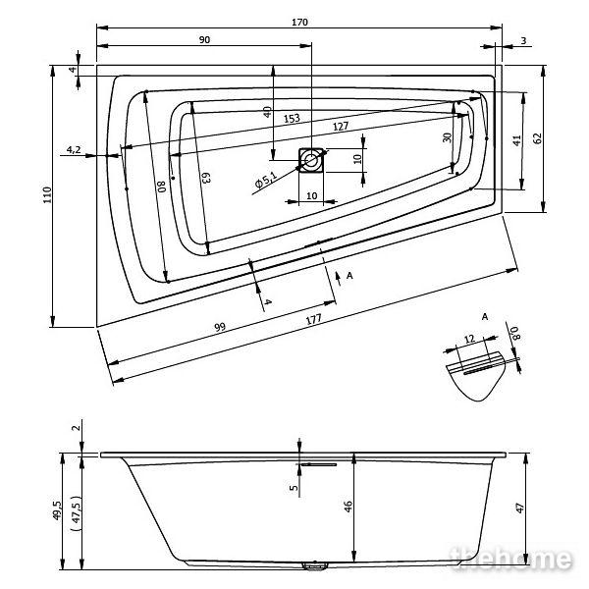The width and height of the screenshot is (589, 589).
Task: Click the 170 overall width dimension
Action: point(299,23)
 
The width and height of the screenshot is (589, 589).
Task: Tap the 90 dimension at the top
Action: point(204,40)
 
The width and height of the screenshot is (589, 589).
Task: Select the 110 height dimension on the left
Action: point(47,195)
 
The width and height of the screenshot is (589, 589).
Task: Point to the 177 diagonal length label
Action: point(314,320)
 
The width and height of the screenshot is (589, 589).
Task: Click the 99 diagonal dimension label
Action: point(220,327)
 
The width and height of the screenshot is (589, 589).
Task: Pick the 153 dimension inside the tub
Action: point(292,119)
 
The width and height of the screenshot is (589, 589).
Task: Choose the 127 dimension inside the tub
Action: point(341,127)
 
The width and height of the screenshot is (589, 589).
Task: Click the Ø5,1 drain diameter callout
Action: point(266,180)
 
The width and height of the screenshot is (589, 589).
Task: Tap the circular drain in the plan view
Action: point(311,160)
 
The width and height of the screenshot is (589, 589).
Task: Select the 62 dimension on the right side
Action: point(538,138)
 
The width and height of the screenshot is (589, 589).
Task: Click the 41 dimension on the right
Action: point(517,140)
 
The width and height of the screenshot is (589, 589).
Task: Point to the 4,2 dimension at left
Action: point(74,150)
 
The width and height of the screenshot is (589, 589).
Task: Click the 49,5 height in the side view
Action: point(57,510)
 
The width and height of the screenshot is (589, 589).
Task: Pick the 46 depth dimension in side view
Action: point(348,507)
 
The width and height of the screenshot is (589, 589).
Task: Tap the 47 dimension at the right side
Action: point(520,509)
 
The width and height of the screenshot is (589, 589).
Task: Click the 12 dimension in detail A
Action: point(469,340)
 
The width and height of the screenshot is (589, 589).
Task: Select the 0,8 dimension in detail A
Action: point(515,333)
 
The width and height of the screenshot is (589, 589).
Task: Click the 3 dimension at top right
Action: point(523,40)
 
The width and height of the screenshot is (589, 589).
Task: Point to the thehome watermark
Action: point(510,560)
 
